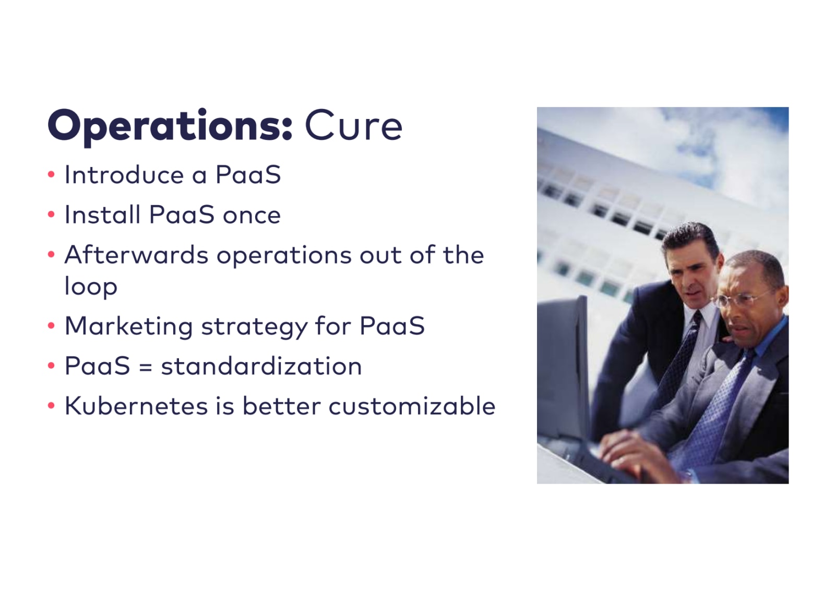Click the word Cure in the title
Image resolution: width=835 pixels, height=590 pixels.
(353, 125)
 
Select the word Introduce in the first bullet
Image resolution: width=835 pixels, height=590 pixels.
(124, 174)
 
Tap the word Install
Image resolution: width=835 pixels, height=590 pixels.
(102, 214)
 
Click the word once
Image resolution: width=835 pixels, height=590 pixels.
(252, 215)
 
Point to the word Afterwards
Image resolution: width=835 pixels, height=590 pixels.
(136, 255)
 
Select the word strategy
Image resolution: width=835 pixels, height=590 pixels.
(255, 327)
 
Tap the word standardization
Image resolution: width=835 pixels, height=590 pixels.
(261, 366)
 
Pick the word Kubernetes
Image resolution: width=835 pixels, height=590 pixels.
(136, 405)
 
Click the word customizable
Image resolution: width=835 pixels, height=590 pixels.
(412, 405)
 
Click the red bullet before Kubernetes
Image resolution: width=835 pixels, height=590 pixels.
(52, 405)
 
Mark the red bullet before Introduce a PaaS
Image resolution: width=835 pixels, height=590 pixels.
(52, 174)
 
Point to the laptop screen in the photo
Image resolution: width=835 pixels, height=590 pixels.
(563, 369)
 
